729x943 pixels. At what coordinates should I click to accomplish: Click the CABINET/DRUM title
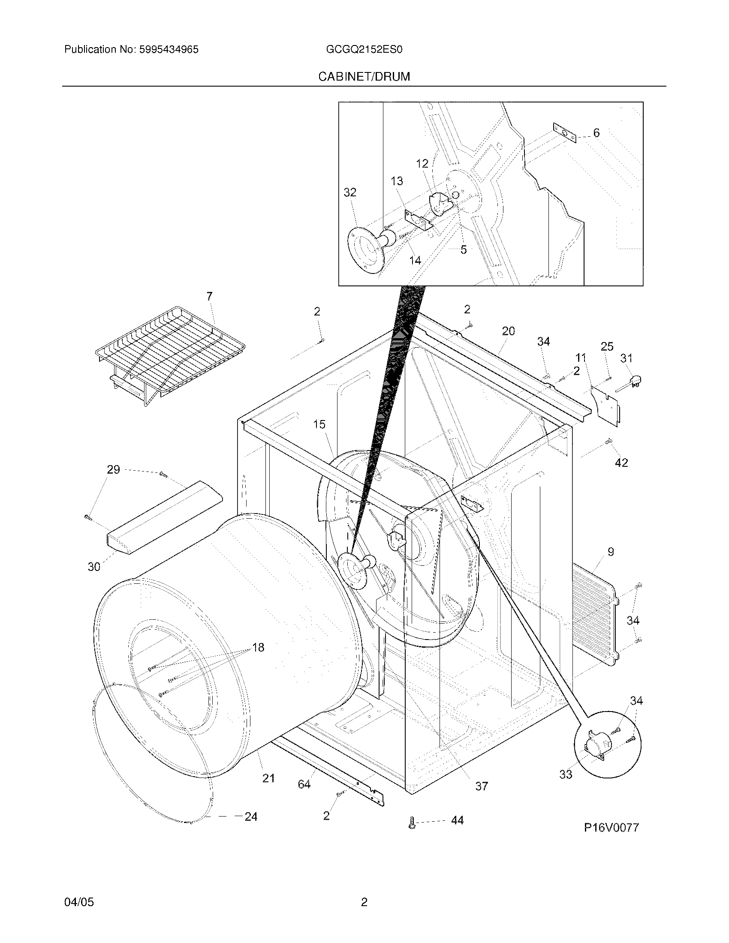coord(364,77)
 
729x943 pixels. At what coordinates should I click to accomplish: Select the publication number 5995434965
coord(169,50)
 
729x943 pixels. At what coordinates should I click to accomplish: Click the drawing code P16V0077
coord(611,827)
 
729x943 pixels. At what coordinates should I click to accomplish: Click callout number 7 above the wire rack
coord(209,296)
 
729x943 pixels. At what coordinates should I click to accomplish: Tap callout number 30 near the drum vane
coord(94,567)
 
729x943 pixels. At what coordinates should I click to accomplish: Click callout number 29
coord(113,470)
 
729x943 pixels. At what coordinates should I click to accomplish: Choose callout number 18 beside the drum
coord(258,659)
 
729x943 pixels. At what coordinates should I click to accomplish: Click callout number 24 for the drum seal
coord(251,817)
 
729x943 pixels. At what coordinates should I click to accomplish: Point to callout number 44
coord(457,820)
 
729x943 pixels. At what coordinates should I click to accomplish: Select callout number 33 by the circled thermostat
coord(566,775)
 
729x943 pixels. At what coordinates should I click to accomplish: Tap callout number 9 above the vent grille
coord(611,552)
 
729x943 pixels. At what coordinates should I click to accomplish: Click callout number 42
coord(621,462)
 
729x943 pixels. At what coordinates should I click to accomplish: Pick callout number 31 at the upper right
coord(626,358)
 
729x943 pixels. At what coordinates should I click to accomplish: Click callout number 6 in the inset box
coord(596,133)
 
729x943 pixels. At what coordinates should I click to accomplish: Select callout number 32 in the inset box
coord(350,192)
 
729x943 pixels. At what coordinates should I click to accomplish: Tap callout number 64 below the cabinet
coord(304,784)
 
